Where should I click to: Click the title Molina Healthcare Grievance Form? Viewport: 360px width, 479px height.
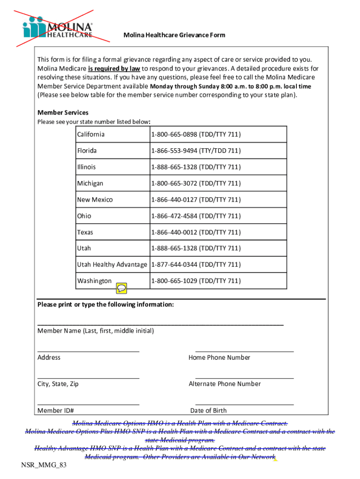click(x=174, y=35)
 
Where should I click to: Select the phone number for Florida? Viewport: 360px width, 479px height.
click(x=195, y=151)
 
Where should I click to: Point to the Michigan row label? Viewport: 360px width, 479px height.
click(x=90, y=183)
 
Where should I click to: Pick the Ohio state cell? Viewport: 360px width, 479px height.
click(x=84, y=216)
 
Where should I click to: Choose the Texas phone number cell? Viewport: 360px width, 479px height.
click(x=195, y=232)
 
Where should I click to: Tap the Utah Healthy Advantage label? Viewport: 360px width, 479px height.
click(x=112, y=265)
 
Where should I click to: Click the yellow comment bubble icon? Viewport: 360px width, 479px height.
click(x=122, y=288)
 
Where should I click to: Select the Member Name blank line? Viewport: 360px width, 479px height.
click(x=160, y=324)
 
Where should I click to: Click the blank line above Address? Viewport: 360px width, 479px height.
click(x=88, y=350)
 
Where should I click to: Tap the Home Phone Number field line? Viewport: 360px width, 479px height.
click(x=245, y=350)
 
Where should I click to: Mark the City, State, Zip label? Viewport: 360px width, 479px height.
click(x=58, y=384)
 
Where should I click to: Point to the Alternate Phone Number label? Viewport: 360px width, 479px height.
click(x=225, y=384)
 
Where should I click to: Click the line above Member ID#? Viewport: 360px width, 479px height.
click(x=88, y=404)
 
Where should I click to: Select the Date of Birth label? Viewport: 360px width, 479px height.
click(x=209, y=411)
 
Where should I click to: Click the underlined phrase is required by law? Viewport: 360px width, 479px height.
click(x=114, y=68)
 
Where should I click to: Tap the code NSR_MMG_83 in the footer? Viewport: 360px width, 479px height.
click(x=40, y=468)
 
